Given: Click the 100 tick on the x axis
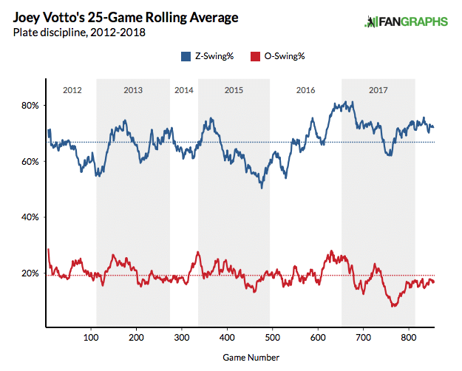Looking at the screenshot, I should [x=91, y=336].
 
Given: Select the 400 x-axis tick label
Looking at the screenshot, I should [x=227, y=336].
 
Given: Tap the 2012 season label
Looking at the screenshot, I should [x=72, y=90].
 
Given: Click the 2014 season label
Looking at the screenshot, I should [x=185, y=90].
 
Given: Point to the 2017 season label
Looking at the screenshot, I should [x=378, y=90].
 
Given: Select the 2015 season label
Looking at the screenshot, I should [x=234, y=90].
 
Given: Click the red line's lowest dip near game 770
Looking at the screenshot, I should [x=394, y=305].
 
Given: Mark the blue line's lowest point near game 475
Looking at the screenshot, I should [x=261, y=188].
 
